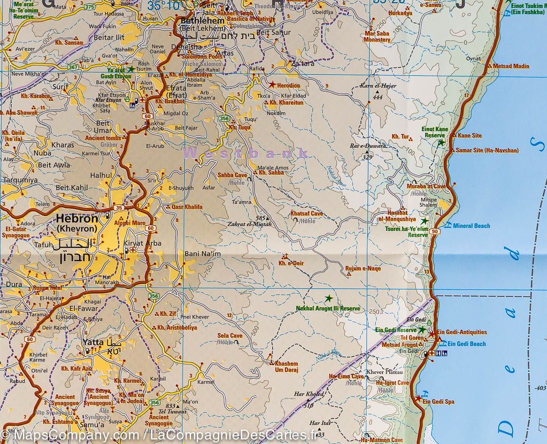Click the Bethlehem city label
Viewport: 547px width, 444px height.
[x=202, y=21]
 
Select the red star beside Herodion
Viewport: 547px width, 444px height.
[x=272, y=84]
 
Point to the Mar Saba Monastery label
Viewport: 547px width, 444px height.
[x=377, y=36]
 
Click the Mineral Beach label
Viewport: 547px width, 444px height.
[x=471, y=226]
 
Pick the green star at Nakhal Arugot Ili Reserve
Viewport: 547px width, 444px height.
[x=328, y=299]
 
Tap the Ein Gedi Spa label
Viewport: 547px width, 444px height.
[x=438, y=402]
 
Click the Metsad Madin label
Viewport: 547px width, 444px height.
[x=511, y=66]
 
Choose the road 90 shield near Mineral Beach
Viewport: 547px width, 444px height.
[x=436, y=232]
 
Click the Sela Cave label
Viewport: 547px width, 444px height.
[x=230, y=336]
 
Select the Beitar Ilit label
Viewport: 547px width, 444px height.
[x=108, y=37]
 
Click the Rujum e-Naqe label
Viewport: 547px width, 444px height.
[x=363, y=268]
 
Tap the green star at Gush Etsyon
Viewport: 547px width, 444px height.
[x=131, y=69]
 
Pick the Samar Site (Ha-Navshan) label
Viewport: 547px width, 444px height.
[x=486, y=150]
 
